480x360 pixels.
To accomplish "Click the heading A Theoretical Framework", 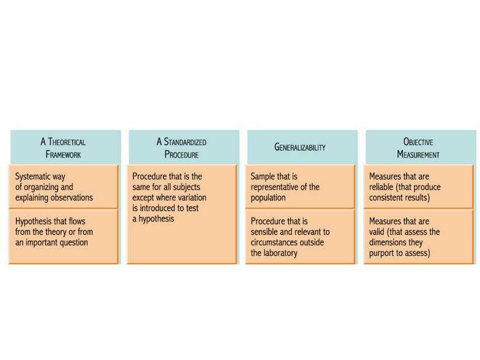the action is click(x=63, y=148).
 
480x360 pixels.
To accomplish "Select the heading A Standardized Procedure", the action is click(x=181, y=148).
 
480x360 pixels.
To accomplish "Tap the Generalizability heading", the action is click(x=300, y=147).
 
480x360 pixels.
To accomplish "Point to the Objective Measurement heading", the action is click(x=418, y=148).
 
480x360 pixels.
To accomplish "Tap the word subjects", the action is click(x=186, y=187).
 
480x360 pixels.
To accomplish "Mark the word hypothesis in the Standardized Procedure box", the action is click(x=156, y=219).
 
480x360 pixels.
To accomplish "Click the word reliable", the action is click(x=381, y=187).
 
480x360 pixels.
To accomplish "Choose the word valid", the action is click(x=377, y=231).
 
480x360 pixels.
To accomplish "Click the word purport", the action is click(x=381, y=253).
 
